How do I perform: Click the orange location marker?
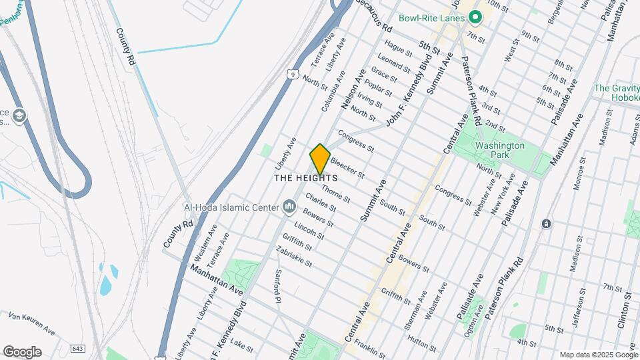[320, 159]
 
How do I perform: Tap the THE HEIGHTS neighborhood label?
[306, 179]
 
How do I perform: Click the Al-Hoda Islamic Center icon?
[289, 207]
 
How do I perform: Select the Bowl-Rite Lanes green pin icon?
[475, 17]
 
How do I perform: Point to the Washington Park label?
[500, 150]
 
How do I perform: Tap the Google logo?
[21, 351]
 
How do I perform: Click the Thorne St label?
[336, 194]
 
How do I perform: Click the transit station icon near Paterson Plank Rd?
[546, 223]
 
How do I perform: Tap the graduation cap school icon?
[19, 116]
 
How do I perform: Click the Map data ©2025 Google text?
[597, 355]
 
